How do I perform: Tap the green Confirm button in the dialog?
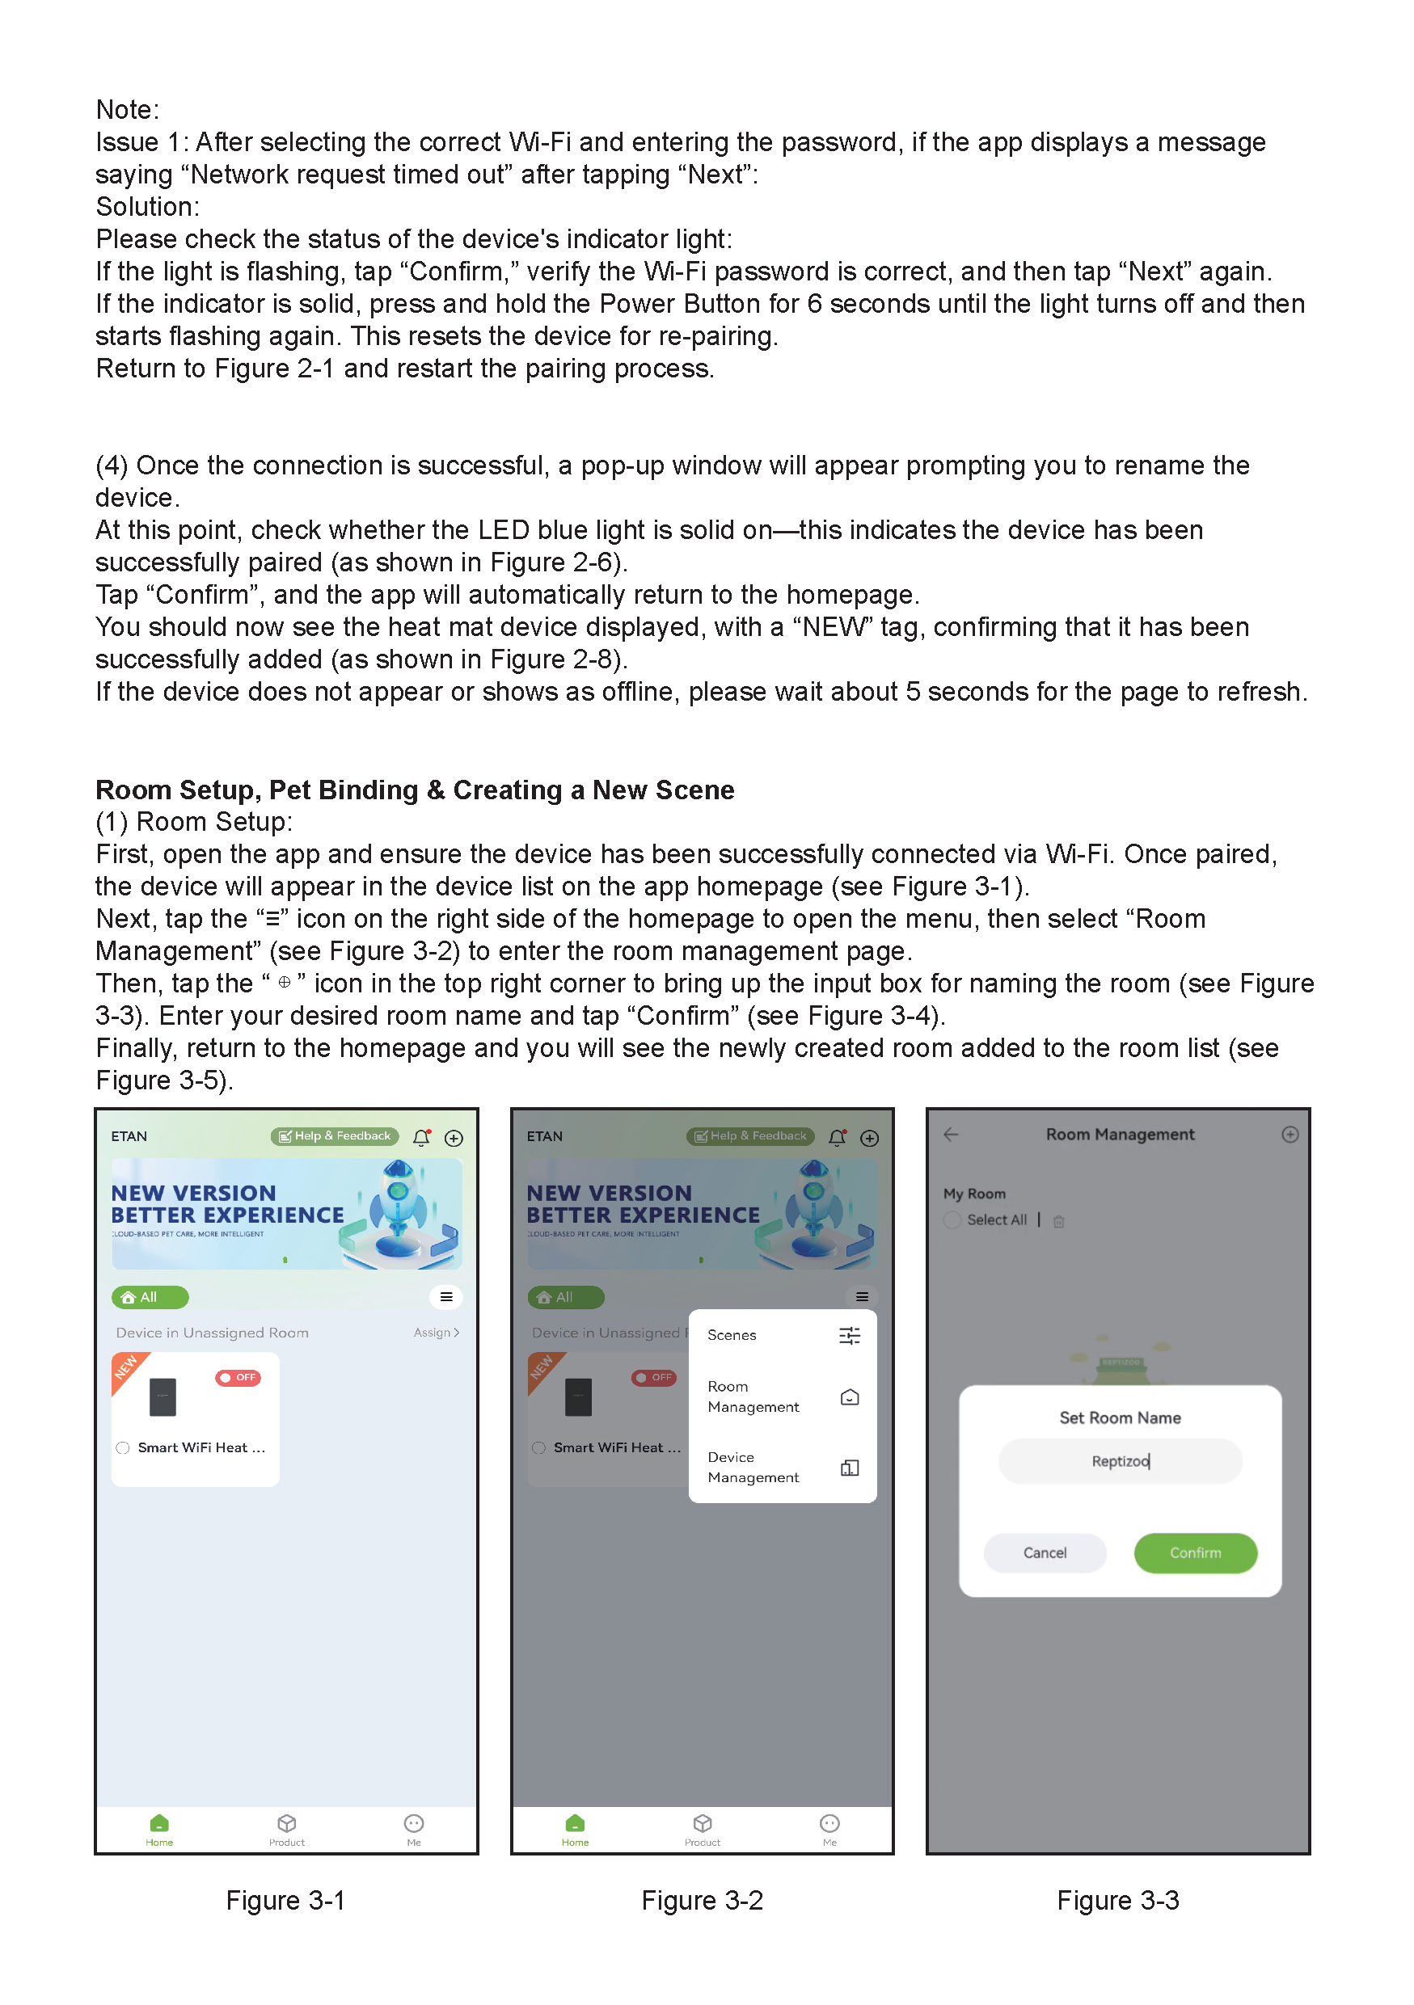pyautogui.click(x=1194, y=1552)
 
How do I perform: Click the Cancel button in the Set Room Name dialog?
pyautogui.click(x=1044, y=1552)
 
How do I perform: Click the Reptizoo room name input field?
pyautogui.click(x=1119, y=1461)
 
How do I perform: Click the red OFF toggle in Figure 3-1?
pyautogui.click(x=238, y=1377)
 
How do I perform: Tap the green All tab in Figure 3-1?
pyautogui.click(x=150, y=1297)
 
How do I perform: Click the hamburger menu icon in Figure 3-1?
pyautogui.click(x=445, y=1297)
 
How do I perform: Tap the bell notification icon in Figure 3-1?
pyautogui.click(x=421, y=1137)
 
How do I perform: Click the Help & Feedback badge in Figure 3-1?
pyautogui.click(x=335, y=1136)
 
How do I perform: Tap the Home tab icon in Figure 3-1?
pyautogui.click(x=159, y=1824)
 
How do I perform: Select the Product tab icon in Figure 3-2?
pyautogui.click(x=703, y=1824)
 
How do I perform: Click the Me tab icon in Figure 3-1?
pyautogui.click(x=414, y=1824)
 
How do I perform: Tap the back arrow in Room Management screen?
pyautogui.click(x=951, y=1135)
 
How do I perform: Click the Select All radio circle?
pyautogui.click(x=952, y=1220)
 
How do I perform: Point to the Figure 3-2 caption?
pyautogui.click(x=703, y=1900)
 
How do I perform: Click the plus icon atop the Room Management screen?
pyautogui.click(x=1289, y=1135)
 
